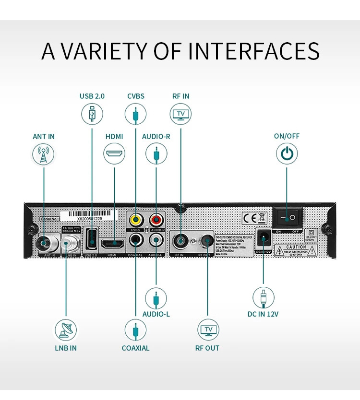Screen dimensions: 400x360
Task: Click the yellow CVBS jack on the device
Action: (x=136, y=220)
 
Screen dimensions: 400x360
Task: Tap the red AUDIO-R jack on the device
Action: (x=156, y=220)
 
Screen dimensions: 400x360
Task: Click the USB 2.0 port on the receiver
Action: (x=91, y=238)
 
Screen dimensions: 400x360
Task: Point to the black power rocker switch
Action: (x=287, y=218)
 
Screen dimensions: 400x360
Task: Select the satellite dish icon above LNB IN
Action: (x=65, y=329)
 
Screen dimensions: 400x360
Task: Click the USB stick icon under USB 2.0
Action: (x=92, y=114)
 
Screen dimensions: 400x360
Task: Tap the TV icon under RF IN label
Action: (x=180, y=114)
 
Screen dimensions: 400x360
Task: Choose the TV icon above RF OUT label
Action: (x=208, y=329)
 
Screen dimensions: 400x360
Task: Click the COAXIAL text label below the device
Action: (x=135, y=348)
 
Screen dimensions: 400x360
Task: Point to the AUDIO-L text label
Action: (x=156, y=314)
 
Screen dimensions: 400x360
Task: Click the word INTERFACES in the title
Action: (x=254, y=51)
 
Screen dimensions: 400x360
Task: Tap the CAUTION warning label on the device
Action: (x=296, y=249)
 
